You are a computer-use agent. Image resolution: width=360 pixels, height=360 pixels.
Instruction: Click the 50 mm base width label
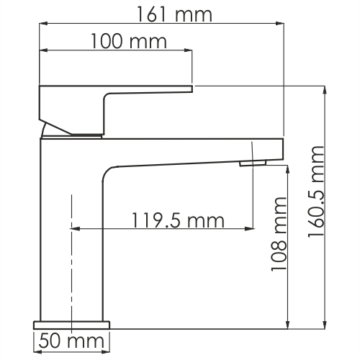pos(71,339)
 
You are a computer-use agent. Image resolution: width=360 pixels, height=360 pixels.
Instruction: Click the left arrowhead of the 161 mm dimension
pos(42,25)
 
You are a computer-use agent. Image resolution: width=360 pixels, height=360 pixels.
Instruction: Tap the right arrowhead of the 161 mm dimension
pos(280,25)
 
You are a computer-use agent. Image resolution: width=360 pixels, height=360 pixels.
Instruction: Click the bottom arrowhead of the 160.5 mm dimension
pos(325,323)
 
